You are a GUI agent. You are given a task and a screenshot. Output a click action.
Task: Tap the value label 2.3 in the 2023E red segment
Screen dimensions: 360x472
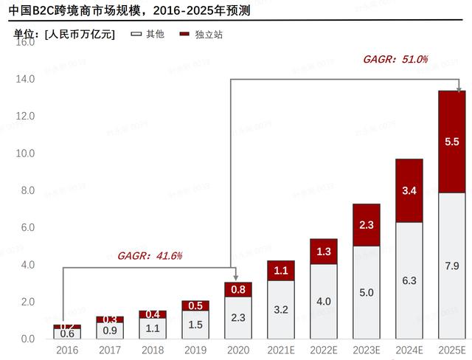click(366, 225)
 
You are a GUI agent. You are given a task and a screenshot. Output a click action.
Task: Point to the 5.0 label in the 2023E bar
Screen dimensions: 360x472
click(366, 292)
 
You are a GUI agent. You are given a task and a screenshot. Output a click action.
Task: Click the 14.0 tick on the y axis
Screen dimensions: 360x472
click(25, 79)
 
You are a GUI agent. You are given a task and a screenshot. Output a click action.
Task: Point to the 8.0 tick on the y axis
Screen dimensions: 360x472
click(27, 190)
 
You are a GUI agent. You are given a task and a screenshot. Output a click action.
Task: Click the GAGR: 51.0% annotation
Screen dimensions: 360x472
click(395, 59)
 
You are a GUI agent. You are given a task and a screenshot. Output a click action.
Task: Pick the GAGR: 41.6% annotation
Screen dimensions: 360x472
click(149, 256)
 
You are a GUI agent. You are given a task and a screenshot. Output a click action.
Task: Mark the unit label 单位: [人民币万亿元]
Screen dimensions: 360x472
click(64, 35)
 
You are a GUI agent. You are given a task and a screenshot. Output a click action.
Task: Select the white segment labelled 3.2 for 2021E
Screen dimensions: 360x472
click(281, 310)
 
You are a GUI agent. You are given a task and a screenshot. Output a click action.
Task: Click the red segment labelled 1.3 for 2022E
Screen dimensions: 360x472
click(323, 252)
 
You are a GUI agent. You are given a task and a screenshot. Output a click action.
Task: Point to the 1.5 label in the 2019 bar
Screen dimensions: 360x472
click(195, 325)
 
